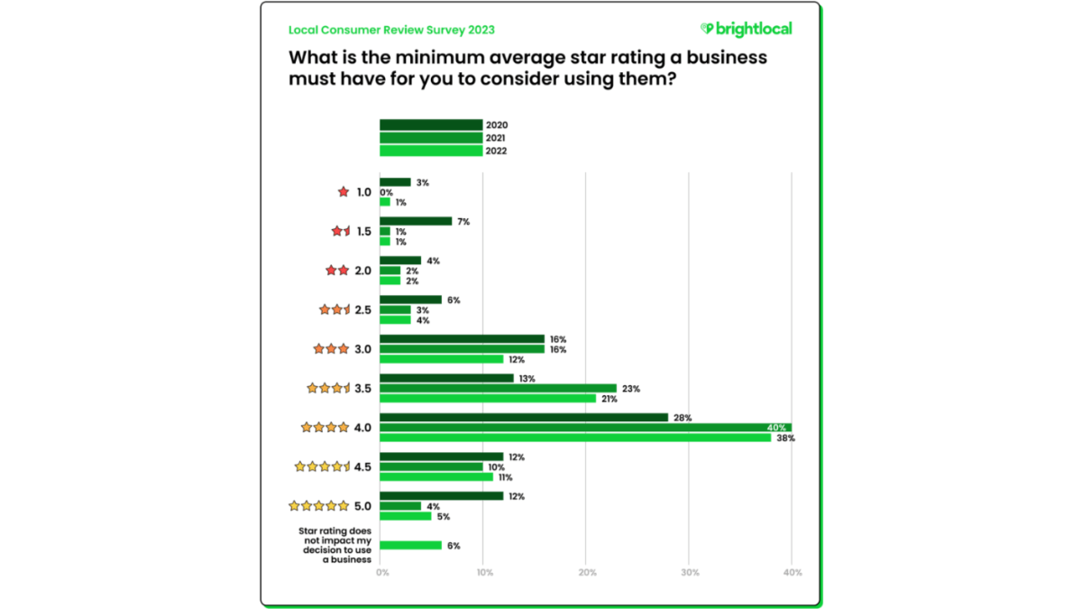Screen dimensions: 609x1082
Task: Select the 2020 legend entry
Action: pos(431,125)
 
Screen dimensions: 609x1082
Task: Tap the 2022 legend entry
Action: pos(431,151)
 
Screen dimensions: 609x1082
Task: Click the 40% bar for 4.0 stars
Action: pos(585,428)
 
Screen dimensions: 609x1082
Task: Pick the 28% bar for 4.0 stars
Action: pos(524,417)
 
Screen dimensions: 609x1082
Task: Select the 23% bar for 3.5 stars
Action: pos(498,388)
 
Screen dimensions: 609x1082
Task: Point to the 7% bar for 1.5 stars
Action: pos(416,221)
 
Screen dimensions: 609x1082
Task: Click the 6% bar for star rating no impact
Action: pos(410,545)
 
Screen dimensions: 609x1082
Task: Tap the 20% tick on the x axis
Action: pos(586,573)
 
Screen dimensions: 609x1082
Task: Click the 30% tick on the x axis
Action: pos(690,573)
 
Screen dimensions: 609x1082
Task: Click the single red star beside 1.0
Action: pos(343,192)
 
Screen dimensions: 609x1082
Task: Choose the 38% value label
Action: pos(784,438)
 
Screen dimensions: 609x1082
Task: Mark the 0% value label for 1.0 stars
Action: pos(386,192)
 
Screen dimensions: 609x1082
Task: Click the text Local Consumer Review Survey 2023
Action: pos(391,30)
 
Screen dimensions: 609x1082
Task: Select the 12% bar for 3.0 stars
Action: pos(441,359)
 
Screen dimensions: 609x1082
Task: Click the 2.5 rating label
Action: pos(363,309)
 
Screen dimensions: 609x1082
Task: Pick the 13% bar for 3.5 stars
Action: pos(446,378)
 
